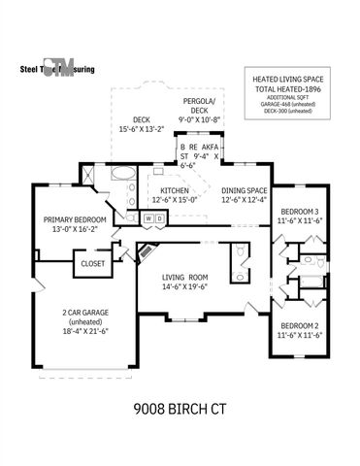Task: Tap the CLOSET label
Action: point(93,263)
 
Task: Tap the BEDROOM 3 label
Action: point(300,213)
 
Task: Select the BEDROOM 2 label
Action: point(300,325)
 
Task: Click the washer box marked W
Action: point(148,218)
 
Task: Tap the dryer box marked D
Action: point(159,218)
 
